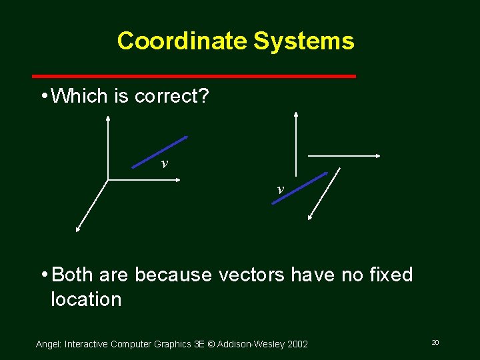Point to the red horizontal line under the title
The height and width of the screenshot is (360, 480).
point(194,76)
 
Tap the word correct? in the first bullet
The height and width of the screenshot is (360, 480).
point(171,97)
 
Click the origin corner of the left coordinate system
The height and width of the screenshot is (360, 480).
point(108,179)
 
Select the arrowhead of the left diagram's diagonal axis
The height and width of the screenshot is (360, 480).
point(77,230)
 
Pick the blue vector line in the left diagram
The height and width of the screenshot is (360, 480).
point(159,152)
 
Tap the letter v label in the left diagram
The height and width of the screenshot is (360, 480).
point(164,163)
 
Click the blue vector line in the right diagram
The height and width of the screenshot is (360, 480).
point(299,188)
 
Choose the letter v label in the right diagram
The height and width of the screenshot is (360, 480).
point(280,189)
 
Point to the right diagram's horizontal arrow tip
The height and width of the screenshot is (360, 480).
point(378,156)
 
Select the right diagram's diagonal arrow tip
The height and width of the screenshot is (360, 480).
point(311,217)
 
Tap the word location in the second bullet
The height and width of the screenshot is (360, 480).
point(86,299)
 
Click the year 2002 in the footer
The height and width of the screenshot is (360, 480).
point(297,344)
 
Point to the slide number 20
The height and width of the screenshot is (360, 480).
point(435,342)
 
